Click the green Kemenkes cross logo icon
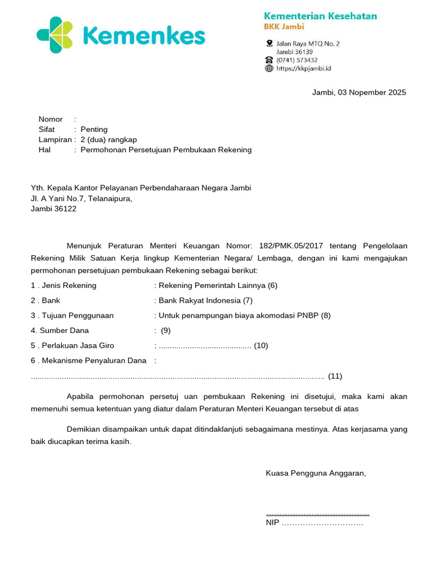[55, 35]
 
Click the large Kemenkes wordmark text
[143, 35]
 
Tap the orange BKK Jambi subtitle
[284, 27]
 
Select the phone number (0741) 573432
[296, 60]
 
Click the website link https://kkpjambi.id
[303, 68]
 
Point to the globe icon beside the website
[269, 68]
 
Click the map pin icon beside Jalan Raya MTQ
[269, 43]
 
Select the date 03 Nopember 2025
[372, 92]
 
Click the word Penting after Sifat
[94, 130]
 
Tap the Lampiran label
[55, 140]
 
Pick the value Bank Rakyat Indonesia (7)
[205, 300]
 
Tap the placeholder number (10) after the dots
[261, 345]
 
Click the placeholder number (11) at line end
[335, 376]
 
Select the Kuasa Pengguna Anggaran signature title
[316, 473]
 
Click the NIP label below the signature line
[272, 523]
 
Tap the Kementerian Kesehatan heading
[321, 16]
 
